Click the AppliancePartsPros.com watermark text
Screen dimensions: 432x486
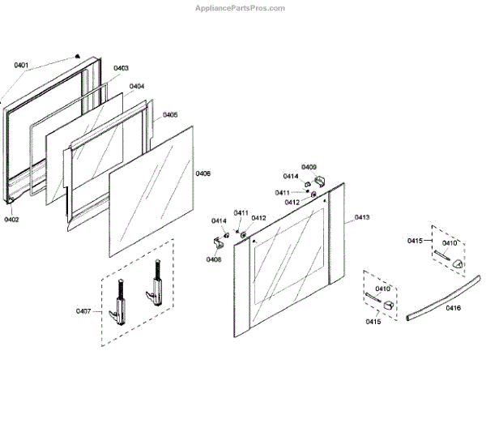tap(241, 7)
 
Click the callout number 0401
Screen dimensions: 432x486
tap(21, 65)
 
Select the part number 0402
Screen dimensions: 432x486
tap(11, 219)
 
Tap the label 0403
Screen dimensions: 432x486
tap(122, 68)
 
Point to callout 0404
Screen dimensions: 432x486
tap(137, 86)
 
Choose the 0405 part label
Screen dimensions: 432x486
tap(170, 115)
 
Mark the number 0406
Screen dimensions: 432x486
tap(203, 173)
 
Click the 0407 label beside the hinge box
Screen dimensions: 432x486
tap(84, 311)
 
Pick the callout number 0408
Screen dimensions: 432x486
tap(214, 259)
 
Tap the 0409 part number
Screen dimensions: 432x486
tap(309, 166)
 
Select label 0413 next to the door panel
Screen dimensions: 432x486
tap(361, 217)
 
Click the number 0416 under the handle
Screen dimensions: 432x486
tap(454, 308)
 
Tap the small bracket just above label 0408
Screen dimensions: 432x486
tap(219, 240)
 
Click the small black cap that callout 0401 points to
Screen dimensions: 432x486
tap(77, 56)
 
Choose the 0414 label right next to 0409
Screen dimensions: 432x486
tap(291, 176)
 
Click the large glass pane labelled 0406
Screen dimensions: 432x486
tap(154, 190)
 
